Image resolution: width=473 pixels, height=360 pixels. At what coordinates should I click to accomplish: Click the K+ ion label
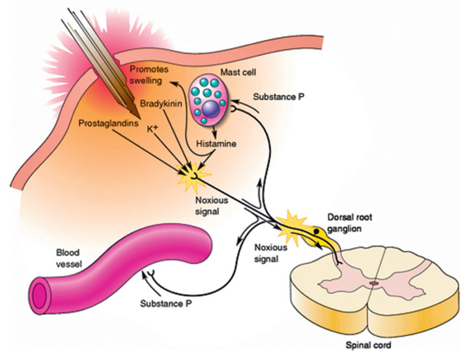coord(152,130)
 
